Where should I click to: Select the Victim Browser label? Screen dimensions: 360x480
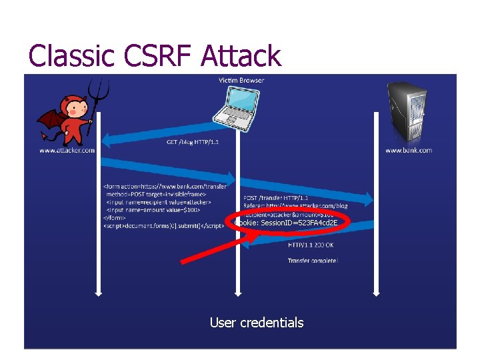coord(241,80)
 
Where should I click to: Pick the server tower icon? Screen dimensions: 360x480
coord(407,113)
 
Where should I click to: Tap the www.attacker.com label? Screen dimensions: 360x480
coord(67,150)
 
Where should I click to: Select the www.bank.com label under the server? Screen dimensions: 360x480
coord(408,150)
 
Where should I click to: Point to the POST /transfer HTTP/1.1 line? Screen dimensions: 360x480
coord(275,197)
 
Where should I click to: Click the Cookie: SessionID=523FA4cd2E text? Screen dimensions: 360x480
coord(287,223)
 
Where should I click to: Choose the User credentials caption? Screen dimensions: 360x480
coord(257,323)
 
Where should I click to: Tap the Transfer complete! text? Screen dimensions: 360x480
coord(313,260)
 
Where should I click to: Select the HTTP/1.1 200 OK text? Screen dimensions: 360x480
coord(311,245)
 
